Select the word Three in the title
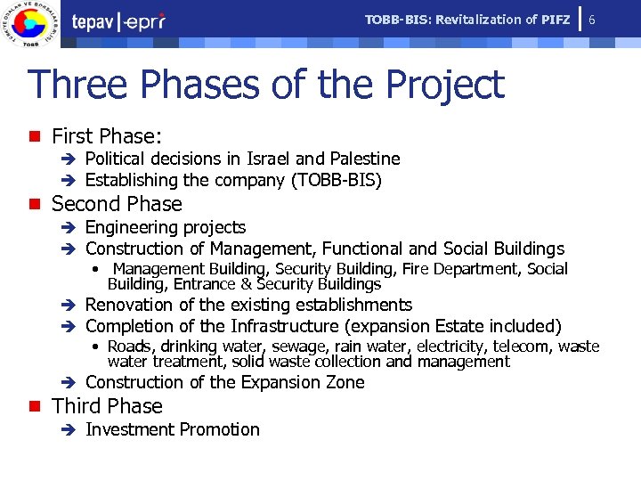click(80, 86)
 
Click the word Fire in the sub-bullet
click(415, 269)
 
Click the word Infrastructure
click(294, 326)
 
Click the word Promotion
click(217, 429)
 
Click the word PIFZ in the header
click(556, 20)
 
